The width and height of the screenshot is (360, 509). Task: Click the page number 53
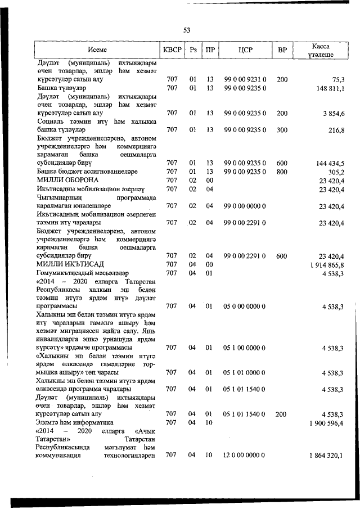187,30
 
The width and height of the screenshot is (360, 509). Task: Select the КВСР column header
172,50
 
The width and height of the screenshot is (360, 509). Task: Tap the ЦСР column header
245,50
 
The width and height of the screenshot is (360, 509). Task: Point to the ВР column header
282,50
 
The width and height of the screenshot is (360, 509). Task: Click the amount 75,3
338,80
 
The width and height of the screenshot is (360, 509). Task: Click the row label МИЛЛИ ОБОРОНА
66,180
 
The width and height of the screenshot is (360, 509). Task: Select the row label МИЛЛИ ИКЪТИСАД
70,264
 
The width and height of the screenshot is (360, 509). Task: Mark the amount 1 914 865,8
327,264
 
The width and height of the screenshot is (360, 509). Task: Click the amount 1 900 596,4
327,422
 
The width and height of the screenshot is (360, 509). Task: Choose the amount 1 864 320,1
327,456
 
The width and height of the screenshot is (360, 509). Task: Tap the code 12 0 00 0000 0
245,456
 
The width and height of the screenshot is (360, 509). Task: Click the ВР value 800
282,172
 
